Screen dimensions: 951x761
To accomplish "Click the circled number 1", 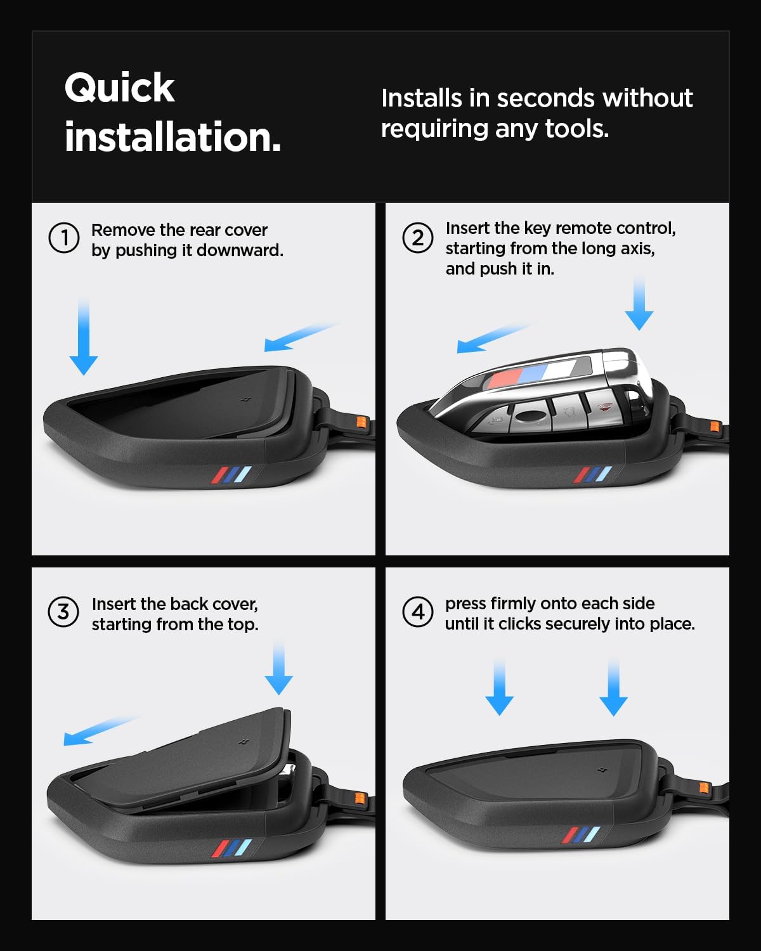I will (64, 238).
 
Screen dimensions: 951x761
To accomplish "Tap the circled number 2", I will (418, 238).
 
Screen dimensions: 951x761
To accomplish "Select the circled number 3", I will (63, 612).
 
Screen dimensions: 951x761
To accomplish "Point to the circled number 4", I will (418, 612).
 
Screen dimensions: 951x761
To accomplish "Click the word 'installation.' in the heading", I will (172, 137).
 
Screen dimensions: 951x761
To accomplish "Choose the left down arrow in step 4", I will (499, 687).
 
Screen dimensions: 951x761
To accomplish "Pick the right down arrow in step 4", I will (613, 687).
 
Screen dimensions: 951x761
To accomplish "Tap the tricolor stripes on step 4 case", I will (580, 836).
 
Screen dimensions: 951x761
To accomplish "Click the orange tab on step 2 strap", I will (714, 426).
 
